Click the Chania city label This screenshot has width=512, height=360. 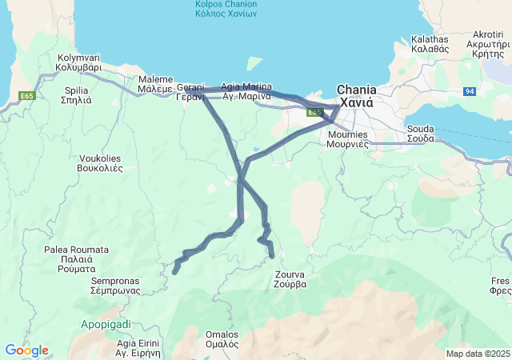point(356,96)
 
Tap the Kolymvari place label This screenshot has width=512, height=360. point(79,62)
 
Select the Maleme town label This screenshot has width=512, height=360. point(155,85)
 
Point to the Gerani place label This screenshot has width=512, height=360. point(191,91)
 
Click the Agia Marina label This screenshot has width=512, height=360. point(246,91)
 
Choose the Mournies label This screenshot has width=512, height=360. point(348,139)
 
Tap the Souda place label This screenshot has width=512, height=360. point(420,133)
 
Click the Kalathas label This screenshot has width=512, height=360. point(430,43)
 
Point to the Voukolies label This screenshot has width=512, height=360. point(99,163)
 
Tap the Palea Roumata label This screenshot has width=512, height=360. point(76,259)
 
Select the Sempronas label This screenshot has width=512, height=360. point(115,286)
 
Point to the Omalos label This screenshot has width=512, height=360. point(222,339)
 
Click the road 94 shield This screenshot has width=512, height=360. point(470,91)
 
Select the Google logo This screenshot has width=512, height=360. point(26,350)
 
